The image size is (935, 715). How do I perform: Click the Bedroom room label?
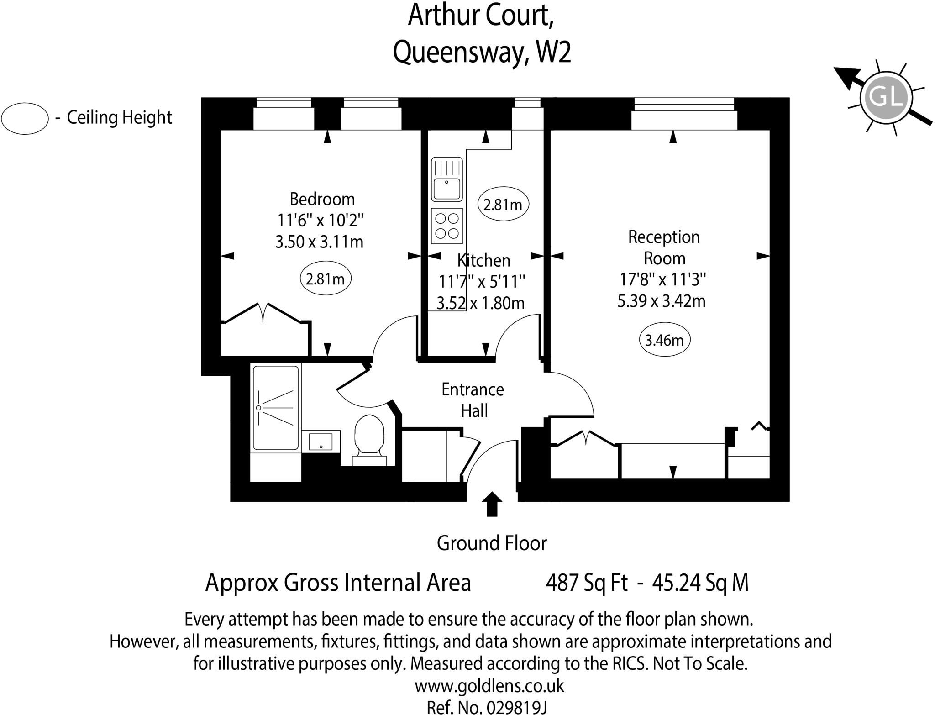(x=322, y=200)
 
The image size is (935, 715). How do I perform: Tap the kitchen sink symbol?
(x=447, y=179)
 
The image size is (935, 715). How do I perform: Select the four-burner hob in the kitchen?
(x=447, y=226)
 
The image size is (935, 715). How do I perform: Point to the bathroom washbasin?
(x=320, y=442)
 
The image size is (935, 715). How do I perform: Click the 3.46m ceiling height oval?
(x=664, y=340)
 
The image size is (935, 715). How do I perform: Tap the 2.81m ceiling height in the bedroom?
(x=325, y=279)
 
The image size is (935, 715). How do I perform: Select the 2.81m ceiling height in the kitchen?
(x=503, y=205)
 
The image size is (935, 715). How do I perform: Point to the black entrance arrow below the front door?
(x=492, y=504)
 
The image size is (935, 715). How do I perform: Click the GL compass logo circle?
(x=886, y=98)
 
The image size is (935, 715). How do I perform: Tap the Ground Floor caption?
(x=492, y=543)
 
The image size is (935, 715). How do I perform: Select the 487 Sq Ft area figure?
(x=587, y=583)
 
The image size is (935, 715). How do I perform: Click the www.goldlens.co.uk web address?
(x=489, y=686)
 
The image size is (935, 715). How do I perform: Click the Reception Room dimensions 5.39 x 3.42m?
(x=662, y=301)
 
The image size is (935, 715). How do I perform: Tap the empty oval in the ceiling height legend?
(x=25, y=118)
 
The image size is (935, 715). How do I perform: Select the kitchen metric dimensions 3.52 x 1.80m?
(x=481, y=303)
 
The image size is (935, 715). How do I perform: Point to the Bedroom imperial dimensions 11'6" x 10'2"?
(x=320, y=221)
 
